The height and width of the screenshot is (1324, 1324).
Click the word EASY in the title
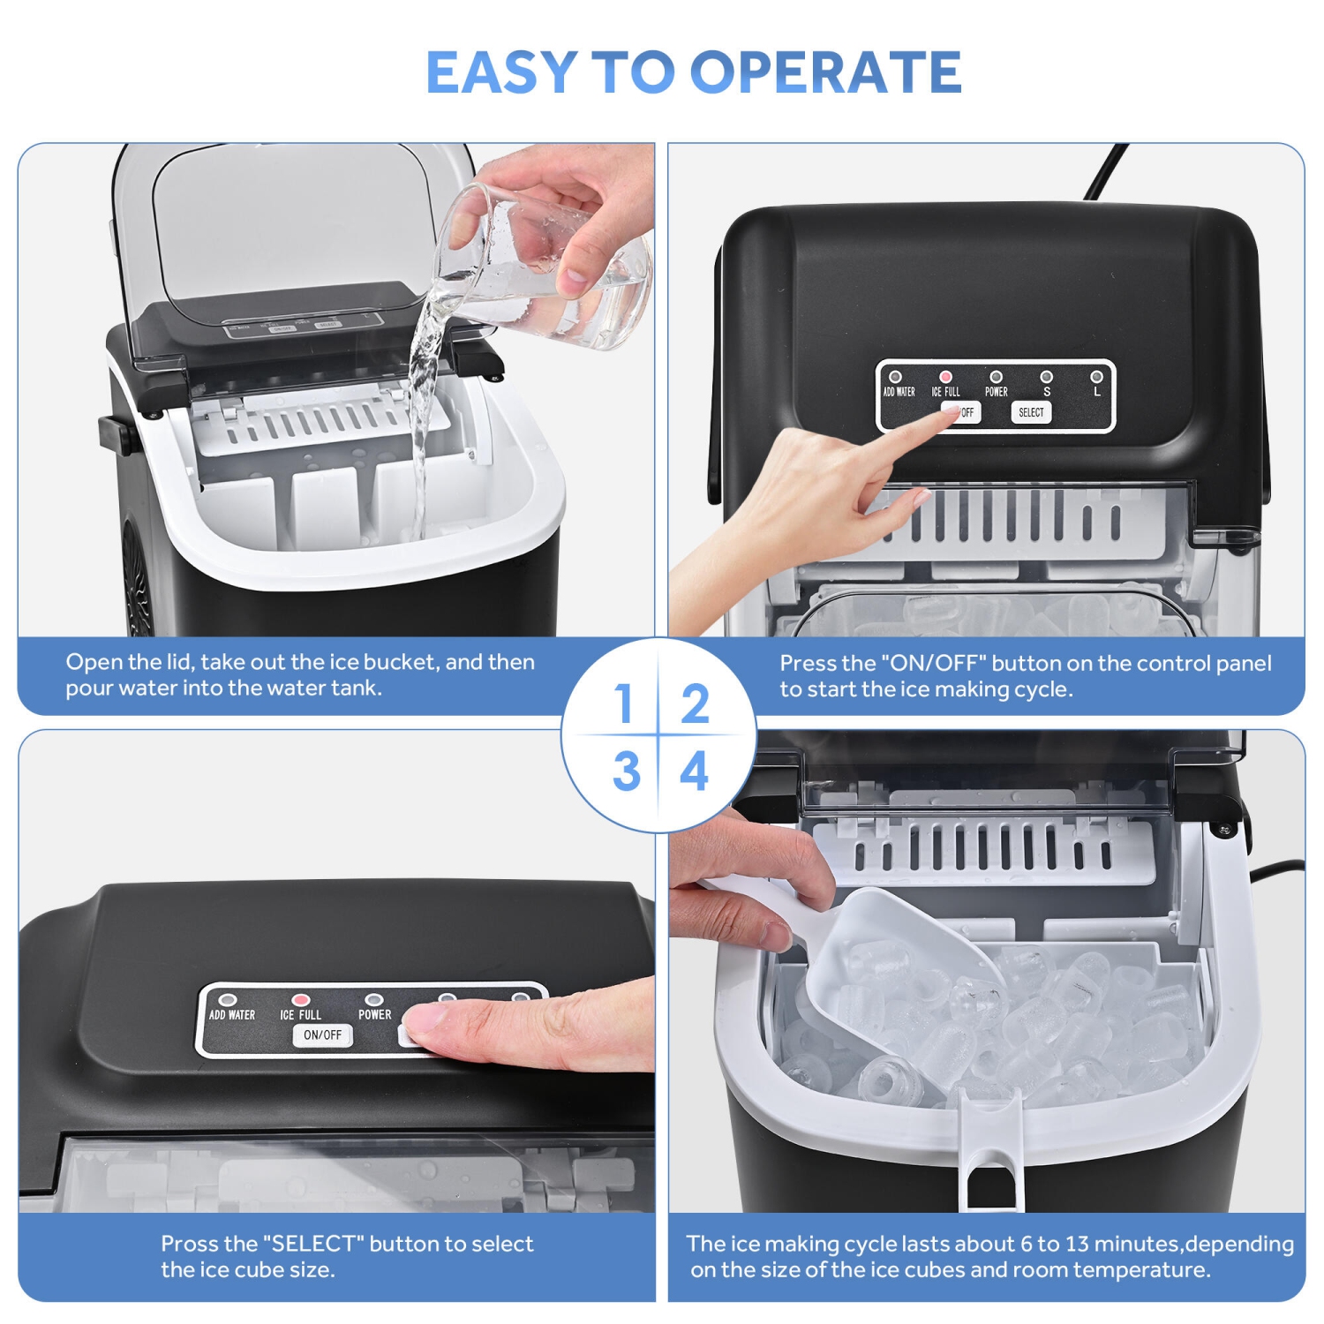[501, 72]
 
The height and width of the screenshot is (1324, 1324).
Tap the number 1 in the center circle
[624, 703]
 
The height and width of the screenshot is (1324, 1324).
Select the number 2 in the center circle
[695, 703]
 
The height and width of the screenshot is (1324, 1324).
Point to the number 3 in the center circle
[626, 771]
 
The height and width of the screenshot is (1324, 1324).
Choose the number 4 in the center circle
[695, 771]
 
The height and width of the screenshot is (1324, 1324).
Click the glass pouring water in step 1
[547, 265]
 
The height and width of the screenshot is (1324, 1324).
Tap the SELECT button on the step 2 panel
[1030, 412]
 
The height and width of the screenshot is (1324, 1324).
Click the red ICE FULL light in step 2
[945, 377]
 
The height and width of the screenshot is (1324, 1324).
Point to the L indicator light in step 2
[1096, 377]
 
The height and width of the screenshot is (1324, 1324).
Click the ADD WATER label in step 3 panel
[231, 1015]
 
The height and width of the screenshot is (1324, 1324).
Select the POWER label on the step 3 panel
[374, 1015]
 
